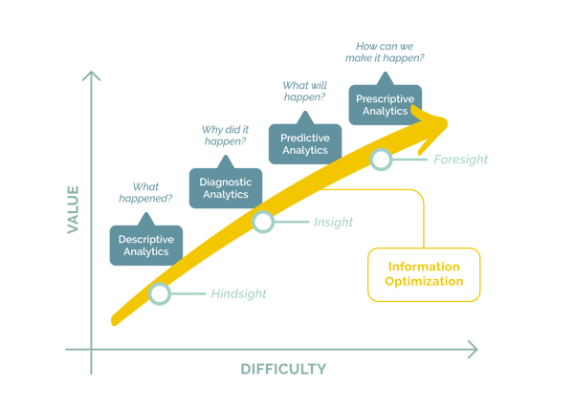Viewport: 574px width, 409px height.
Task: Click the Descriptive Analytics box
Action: [146, 245]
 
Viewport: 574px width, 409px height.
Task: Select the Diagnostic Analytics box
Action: [226, 188]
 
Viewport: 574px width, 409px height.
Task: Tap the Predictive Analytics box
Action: [305, 143]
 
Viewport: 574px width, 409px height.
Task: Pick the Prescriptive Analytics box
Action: [386, 104]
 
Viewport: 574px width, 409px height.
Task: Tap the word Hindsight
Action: [238, 293]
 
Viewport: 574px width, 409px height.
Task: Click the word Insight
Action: [333, 222]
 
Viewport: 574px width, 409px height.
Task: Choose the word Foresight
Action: [460, 160]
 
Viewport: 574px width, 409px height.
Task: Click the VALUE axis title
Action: [74, 209]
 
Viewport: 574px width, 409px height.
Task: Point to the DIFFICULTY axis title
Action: [283, 369]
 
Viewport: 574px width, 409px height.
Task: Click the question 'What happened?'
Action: [145, 192]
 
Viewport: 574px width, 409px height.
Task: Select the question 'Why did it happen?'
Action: [225, 136]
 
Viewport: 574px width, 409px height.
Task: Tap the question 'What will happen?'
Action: [304, 91]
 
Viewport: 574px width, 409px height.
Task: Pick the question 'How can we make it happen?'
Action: [385, 52]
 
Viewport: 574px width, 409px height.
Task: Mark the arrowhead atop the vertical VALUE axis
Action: [91, 75]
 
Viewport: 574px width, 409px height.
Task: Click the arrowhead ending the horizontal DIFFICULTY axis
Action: [473, 350]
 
